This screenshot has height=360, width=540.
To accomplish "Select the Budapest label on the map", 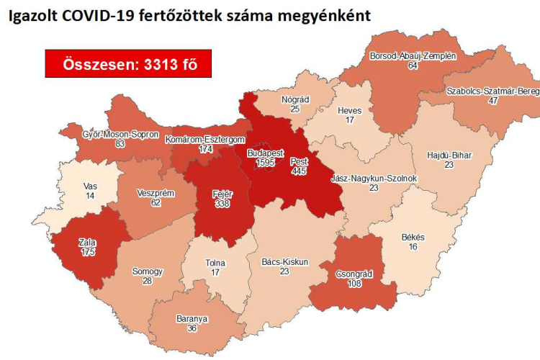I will click(x=265, y=153).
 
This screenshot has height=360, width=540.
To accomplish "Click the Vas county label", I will click(x=90, y=186).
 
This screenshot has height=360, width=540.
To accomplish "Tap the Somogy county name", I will click(x=147, y=271).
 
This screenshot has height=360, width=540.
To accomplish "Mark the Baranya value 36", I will click(x=192, y=328).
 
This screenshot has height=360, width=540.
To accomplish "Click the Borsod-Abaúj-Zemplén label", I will click(x=413, y=55).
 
